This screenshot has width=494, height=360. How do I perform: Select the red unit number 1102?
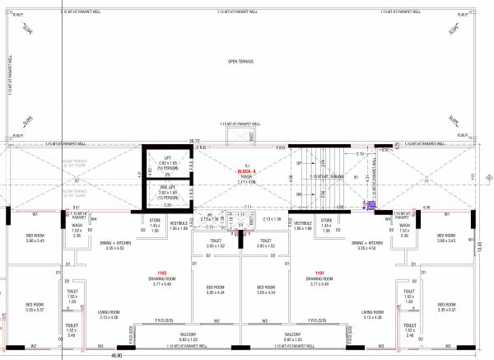coord(162,273)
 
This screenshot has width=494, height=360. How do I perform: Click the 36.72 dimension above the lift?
coord(194,141)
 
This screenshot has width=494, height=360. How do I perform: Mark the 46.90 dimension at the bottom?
coord(118,355)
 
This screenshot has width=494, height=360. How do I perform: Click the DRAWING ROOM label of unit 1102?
coord(161,279)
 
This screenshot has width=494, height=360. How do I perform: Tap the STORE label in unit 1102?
coord(154,221)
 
